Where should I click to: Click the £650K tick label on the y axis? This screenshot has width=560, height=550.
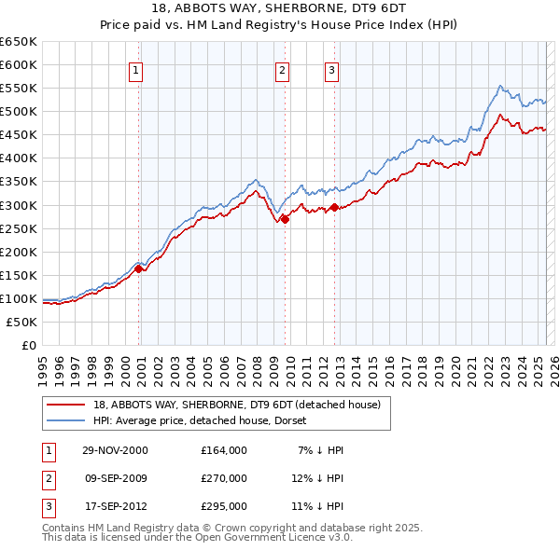pyautogui.click(x=19, y=42)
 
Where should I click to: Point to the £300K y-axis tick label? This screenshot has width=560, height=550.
pyautogui.click(x=19, y=205)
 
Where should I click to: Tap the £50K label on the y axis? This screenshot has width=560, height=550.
pyautogui.click(x=22, y=322)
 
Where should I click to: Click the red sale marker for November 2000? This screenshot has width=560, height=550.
pyautogui.click(x=139, y=268)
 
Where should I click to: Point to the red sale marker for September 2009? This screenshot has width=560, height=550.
pyautogui.click(x=285, y=219)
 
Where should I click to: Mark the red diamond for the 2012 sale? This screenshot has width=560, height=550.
pyautogui.click(x=334, y=207)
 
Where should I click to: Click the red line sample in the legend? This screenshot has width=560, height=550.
pyautogui.click(x=66, y=406)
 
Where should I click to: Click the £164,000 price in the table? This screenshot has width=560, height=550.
pyautogui.click(x=224, y=450)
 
